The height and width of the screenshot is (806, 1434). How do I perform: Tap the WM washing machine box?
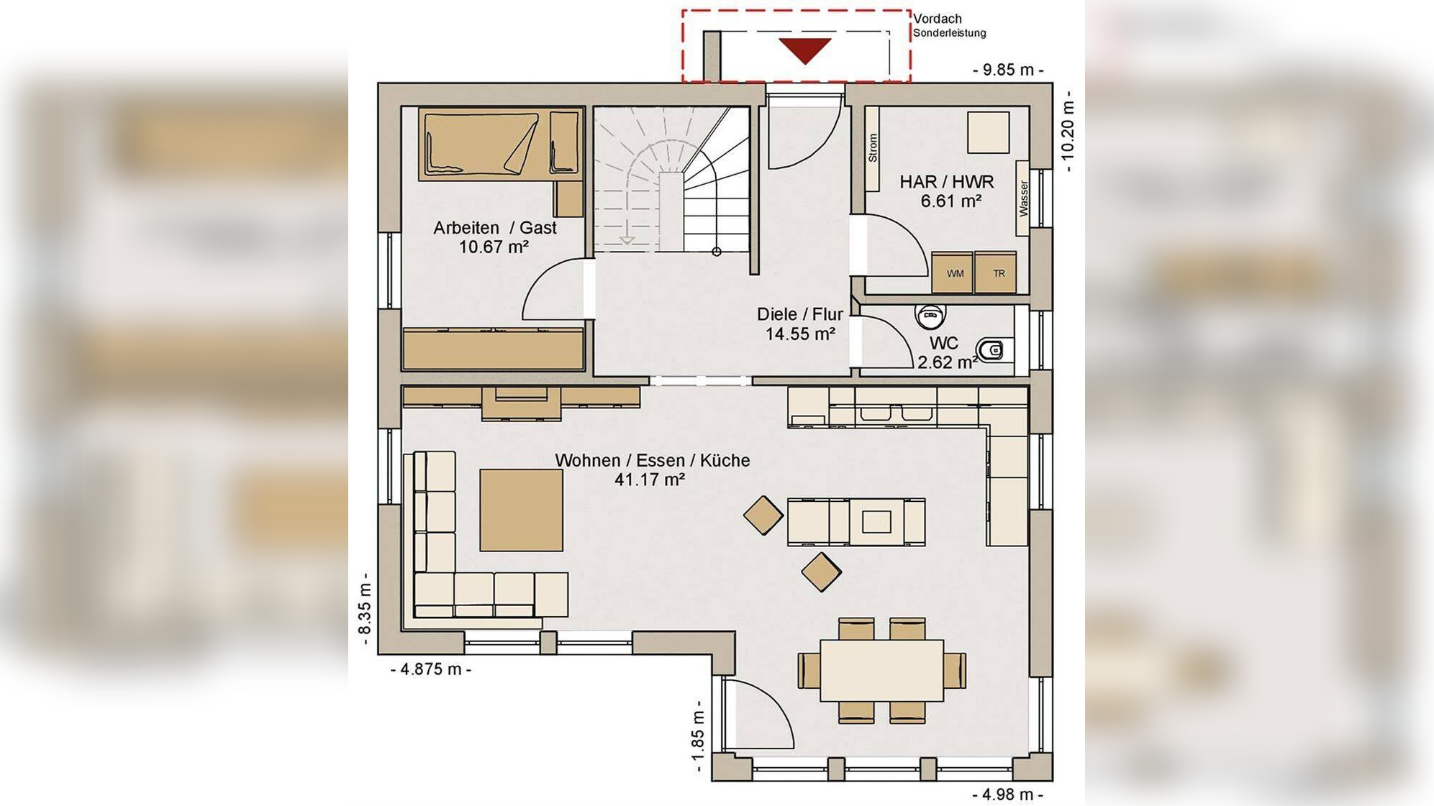point(952,273)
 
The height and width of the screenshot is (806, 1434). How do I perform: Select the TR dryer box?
point(996,273)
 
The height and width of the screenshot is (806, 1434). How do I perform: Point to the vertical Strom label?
point(873,148)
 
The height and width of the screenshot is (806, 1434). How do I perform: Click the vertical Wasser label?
point(1023,198)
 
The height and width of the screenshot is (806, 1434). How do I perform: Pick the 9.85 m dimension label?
point(1008,70)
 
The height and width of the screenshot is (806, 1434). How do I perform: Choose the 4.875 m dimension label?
point(431,669)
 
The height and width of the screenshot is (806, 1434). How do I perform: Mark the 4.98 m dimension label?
point(1007,794)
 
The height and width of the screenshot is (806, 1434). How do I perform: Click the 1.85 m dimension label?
point(697,737)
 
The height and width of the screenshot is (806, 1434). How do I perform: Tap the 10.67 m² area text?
point(494,247)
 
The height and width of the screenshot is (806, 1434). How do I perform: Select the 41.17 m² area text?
point(650,480)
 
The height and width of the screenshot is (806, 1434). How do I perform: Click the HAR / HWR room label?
point(947,182)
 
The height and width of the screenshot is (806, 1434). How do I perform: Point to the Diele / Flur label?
point(800,314)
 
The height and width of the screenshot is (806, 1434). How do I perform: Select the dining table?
point(881,671)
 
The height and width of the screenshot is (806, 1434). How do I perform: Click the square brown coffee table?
point(522,510)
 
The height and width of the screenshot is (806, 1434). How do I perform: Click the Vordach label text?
point(938,19)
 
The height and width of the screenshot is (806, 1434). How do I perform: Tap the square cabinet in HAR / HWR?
point(988,132)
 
